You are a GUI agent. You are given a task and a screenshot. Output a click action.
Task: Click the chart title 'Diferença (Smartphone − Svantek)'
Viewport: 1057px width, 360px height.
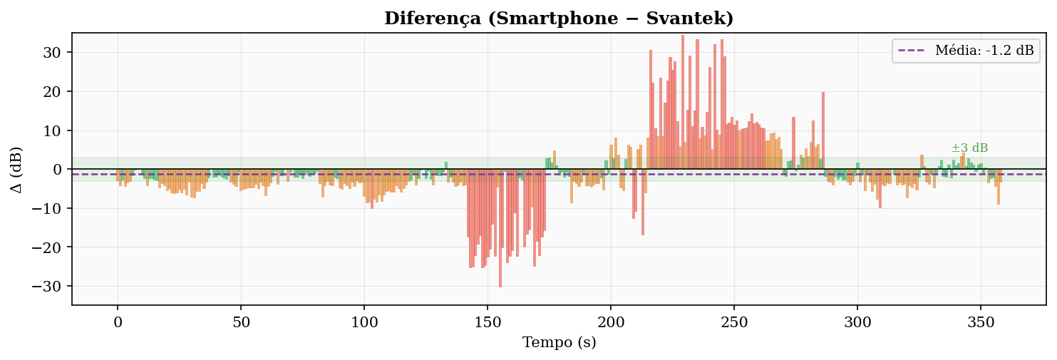(559, 19)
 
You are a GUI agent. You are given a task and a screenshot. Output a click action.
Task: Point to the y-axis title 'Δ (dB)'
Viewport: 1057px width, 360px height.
(16, 170)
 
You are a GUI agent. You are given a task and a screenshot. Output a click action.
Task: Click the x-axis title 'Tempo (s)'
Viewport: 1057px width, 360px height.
(560, 342)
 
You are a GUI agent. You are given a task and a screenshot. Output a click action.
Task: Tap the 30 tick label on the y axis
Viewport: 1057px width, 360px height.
(52, 52)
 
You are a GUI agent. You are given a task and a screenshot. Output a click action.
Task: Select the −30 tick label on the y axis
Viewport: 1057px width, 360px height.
(47, 287)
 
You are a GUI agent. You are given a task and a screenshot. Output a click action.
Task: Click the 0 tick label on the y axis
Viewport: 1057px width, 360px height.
(57, 170)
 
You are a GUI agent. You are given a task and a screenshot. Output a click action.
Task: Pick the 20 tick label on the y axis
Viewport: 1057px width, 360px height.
(52, 91)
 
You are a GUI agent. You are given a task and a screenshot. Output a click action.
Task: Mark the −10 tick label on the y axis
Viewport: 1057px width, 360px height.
(47, 208)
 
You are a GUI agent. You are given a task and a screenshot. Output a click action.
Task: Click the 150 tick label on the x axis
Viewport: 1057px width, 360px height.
(488, 323)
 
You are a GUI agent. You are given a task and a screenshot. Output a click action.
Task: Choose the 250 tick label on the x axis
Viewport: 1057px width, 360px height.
(734, 323)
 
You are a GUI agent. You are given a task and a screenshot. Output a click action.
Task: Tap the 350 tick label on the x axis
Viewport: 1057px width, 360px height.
(981, 323)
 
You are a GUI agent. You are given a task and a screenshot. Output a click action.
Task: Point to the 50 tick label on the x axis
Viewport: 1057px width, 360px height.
(241, 323)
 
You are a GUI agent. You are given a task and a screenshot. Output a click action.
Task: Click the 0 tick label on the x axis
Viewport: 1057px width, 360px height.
(118, 323)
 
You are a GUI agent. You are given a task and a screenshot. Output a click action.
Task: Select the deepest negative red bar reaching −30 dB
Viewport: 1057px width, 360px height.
(500, 228)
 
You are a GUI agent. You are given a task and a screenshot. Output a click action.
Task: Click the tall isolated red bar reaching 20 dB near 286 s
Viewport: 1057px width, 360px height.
(823, 130)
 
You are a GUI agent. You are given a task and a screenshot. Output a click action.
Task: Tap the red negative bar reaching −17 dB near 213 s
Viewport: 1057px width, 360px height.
(643, 202)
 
